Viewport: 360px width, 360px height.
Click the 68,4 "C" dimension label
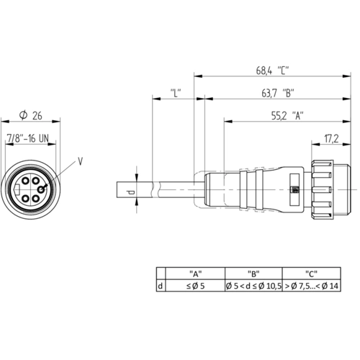[x=272, y=71]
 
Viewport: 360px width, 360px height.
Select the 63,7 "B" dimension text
[x=278, y=93]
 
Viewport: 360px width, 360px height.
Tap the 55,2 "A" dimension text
[x=287, y=116]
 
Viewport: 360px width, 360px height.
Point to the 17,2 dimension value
[x=331, y=139]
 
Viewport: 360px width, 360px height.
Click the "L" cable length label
[x=176, y=93]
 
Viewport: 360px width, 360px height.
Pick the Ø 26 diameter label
[x=31, y=115]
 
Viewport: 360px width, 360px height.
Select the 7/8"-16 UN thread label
[x=28, y=138]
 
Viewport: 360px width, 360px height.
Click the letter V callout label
[x=81, y=161]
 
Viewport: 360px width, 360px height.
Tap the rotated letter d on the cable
[x=130, y=192]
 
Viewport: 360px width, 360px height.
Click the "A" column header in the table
[x=195, y=274]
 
